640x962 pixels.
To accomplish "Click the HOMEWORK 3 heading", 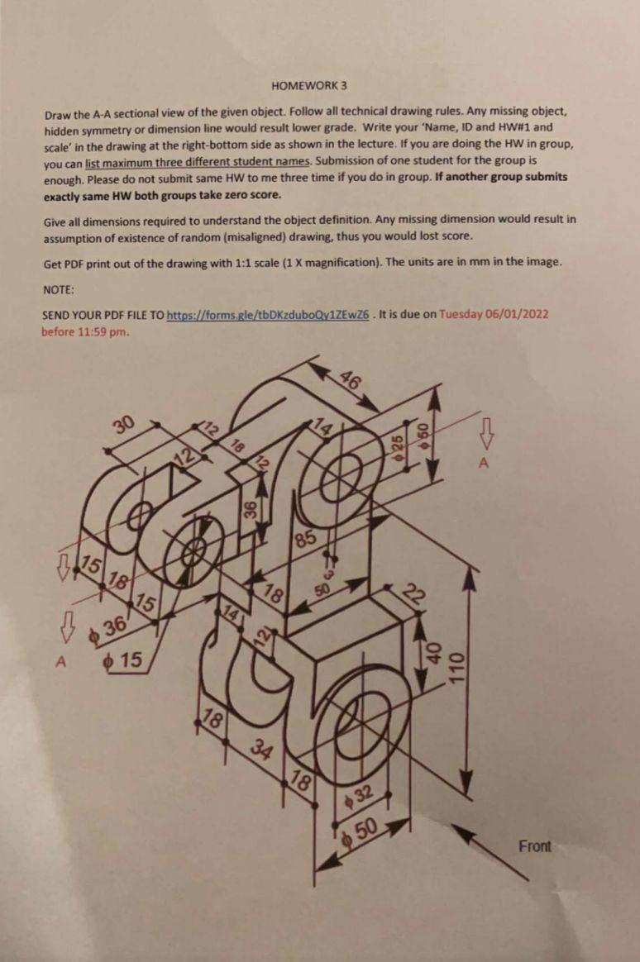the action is coord(308,85).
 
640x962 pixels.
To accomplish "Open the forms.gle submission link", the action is coord(268,316).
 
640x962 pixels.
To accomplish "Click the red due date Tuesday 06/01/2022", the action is coord(494,314).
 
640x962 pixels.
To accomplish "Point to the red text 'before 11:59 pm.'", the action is coord(85,332).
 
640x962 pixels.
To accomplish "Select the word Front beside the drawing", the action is coord(534,846).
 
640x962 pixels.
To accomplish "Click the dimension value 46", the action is coord(351,381).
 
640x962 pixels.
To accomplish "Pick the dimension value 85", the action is coord(306,540).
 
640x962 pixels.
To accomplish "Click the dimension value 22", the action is coord(413,594).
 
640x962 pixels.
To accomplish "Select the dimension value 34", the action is coord(262,750).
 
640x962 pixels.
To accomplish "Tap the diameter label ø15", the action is coord(122,660).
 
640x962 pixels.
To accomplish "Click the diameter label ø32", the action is coord(359,797).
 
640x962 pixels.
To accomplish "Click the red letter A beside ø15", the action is coord(60,661).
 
